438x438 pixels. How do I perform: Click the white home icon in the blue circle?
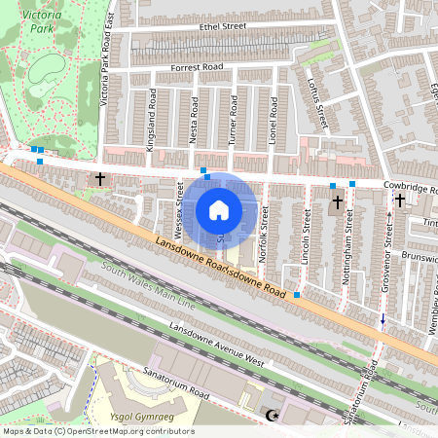(219, 209)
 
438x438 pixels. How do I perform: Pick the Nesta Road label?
(193, 118)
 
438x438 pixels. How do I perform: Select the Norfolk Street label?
(265, 237)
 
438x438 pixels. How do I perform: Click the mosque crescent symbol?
(272, 416)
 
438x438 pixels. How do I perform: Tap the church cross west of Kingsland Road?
(100, 179)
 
